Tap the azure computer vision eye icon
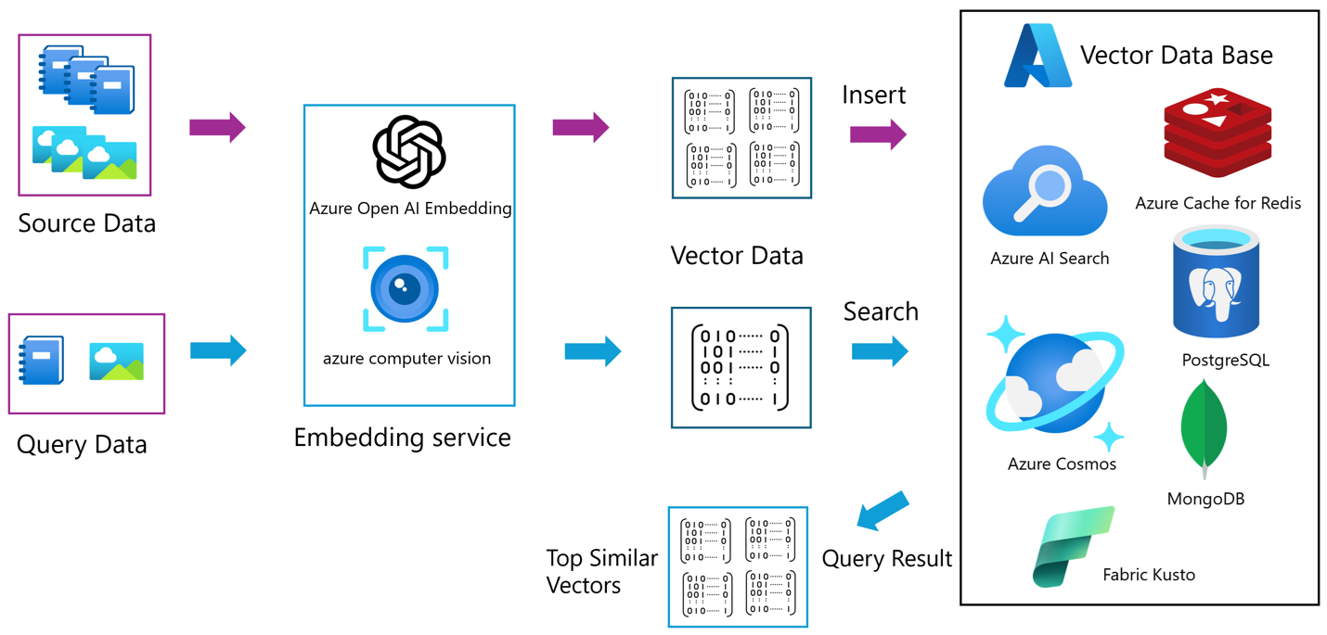[406, 289]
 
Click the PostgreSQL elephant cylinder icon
[1217, 284]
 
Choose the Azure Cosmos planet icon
[1054, 383]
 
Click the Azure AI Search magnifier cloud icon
[1045, 193]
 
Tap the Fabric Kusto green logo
[1073, 547]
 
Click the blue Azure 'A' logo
[1037, 57]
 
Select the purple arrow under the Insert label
[878, 134]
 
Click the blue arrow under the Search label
[879, 351]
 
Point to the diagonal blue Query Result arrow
[881, 512]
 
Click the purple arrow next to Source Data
[217, 128]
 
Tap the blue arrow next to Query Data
[218, 351]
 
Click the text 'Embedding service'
[402, 438]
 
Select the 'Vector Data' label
[737, 256]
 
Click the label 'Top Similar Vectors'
[601, 571]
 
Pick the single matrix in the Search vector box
[741, 367]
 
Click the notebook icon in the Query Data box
[42, 361]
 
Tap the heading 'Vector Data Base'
[1176, 56]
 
